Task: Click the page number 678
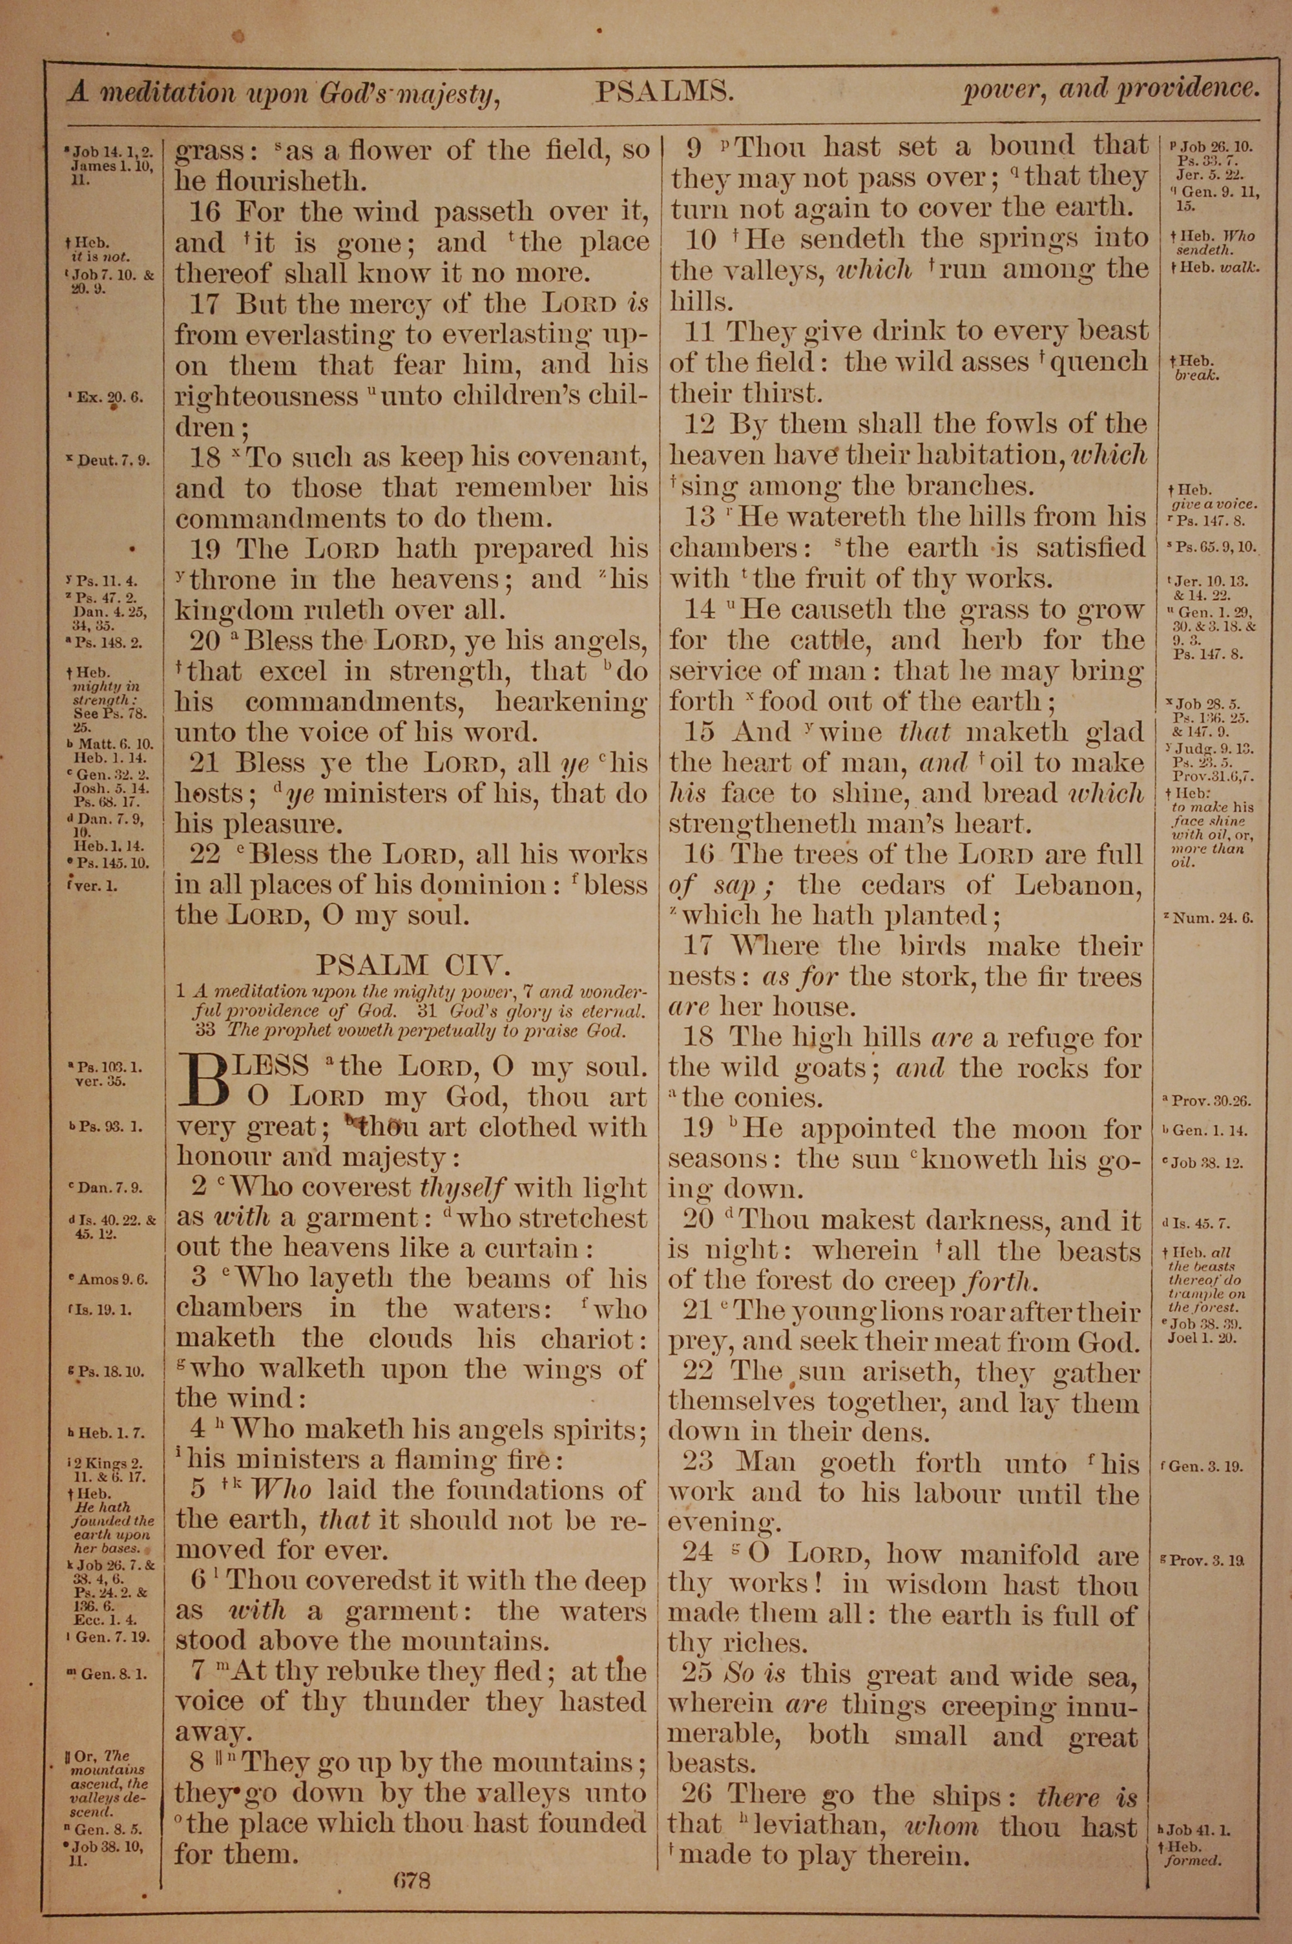(x=412, y=1857)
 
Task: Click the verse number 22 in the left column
(x=204, y=854)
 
